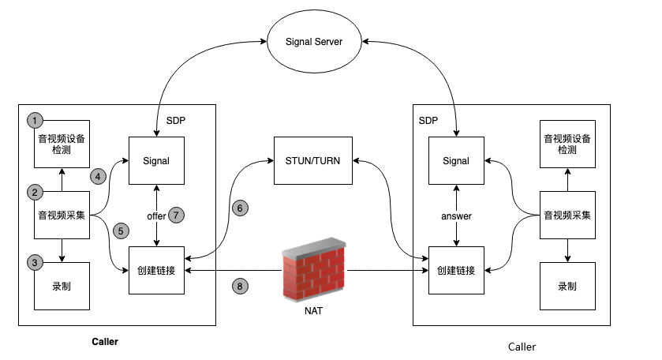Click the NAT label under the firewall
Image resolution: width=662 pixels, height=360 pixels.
314,311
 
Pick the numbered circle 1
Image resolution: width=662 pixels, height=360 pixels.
34,121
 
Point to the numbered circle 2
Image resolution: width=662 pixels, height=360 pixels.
34,192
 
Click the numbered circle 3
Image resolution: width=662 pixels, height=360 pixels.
34,261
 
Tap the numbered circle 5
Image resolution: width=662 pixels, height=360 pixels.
121,231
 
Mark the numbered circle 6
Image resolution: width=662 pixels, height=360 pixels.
241,208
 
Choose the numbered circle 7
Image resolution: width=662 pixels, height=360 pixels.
176,215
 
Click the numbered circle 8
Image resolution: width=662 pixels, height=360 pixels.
241,286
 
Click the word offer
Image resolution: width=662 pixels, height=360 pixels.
156,216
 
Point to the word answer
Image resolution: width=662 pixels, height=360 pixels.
456,216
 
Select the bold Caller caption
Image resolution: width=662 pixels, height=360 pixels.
105,343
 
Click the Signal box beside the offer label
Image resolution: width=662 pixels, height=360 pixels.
156,161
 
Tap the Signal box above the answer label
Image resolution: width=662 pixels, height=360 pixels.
456,161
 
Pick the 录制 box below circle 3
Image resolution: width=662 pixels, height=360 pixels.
61,285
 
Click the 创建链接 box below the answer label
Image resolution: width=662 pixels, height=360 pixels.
456,271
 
